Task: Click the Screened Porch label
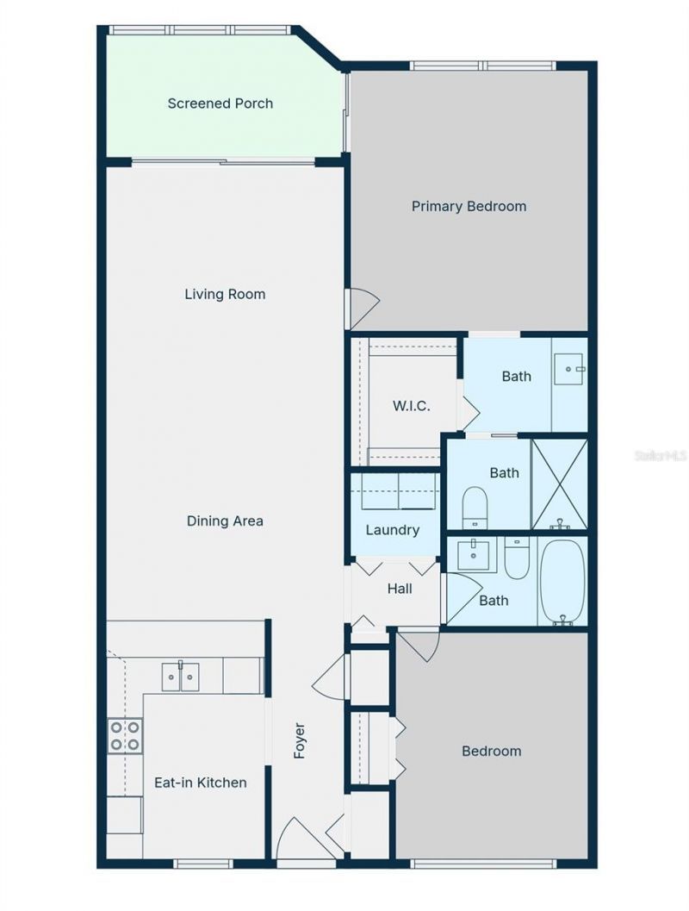(x=220, y=103)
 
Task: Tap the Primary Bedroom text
(x=469, y=206)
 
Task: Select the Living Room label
(x=225, y=294)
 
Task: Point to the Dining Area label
(x=225, y=521)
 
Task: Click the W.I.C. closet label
(x=411, y=406)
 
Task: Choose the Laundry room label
(x=392, y=530)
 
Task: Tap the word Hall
(x=399, y=589)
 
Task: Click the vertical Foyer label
(x=300, y=740)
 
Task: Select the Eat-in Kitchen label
(x=200, y=783)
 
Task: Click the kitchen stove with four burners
(x=124, y=735)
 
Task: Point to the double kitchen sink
(x=180, y=677)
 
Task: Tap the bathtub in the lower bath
(x=562, y=579)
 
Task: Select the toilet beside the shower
(x=475, y=508)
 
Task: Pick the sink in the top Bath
(x=569, y=369)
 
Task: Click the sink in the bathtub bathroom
(x=473, y=556)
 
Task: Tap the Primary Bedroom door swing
(x=362, y=309)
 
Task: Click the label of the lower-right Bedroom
(x=491, y=751)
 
